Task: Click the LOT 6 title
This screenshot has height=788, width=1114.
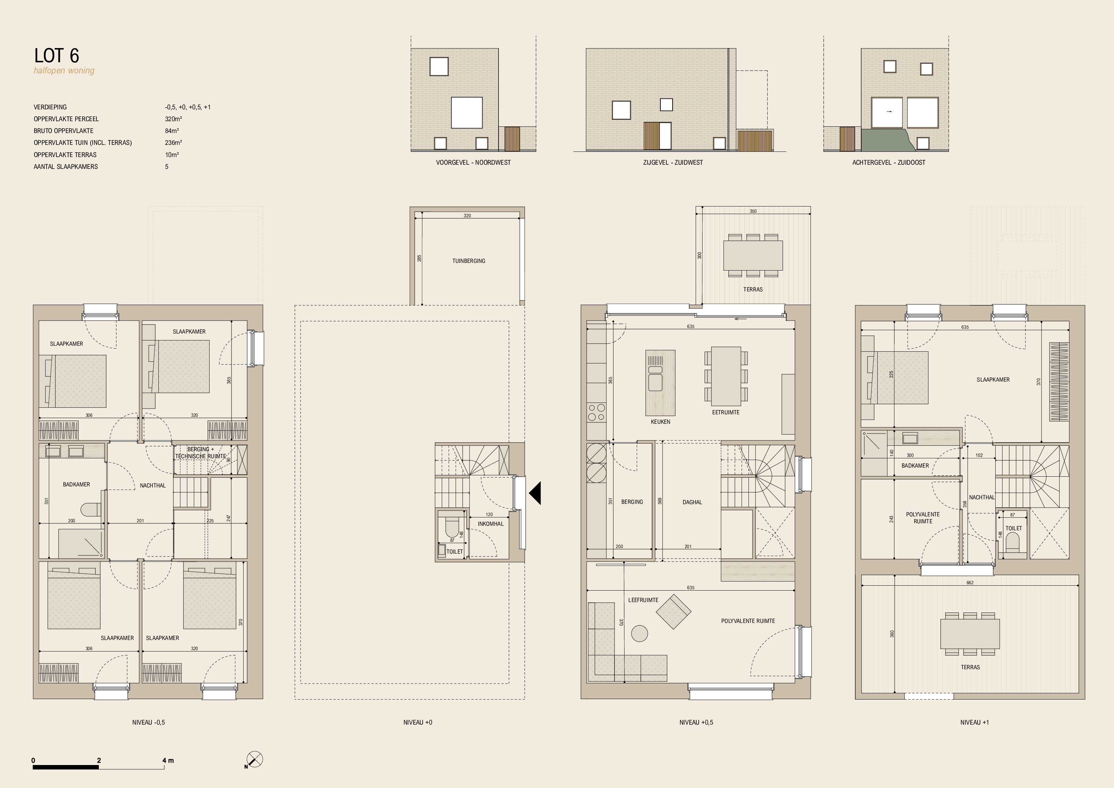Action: [x=56, y=56]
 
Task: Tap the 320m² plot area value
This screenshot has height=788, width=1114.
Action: [x=173, y=119]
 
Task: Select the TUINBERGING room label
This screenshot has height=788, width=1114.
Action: [x=469, y=261]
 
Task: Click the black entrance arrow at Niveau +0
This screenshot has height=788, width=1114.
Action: [x=535, y=493]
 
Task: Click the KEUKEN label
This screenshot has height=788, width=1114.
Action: [x=660, y=422]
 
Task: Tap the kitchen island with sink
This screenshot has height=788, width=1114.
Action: [x=660, y=383]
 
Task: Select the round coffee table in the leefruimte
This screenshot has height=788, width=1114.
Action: [x=640, y=633]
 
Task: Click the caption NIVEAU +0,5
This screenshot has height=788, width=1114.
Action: [x=696, y=722]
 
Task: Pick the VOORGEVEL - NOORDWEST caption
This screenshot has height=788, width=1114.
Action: [x=473, y=163]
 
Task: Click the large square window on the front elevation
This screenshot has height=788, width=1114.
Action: [x=467, y=112]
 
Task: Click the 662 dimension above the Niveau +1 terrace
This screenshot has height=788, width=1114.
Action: [x=970, y=583]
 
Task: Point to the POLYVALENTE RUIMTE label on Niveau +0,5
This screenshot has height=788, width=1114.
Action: [x=748, y=621]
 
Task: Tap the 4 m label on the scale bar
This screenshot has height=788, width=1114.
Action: [x=168, y=760]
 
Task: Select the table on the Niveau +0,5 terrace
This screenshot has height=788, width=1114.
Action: [x=753, y=256]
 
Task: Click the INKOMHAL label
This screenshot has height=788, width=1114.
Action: [x=491, y=524]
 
